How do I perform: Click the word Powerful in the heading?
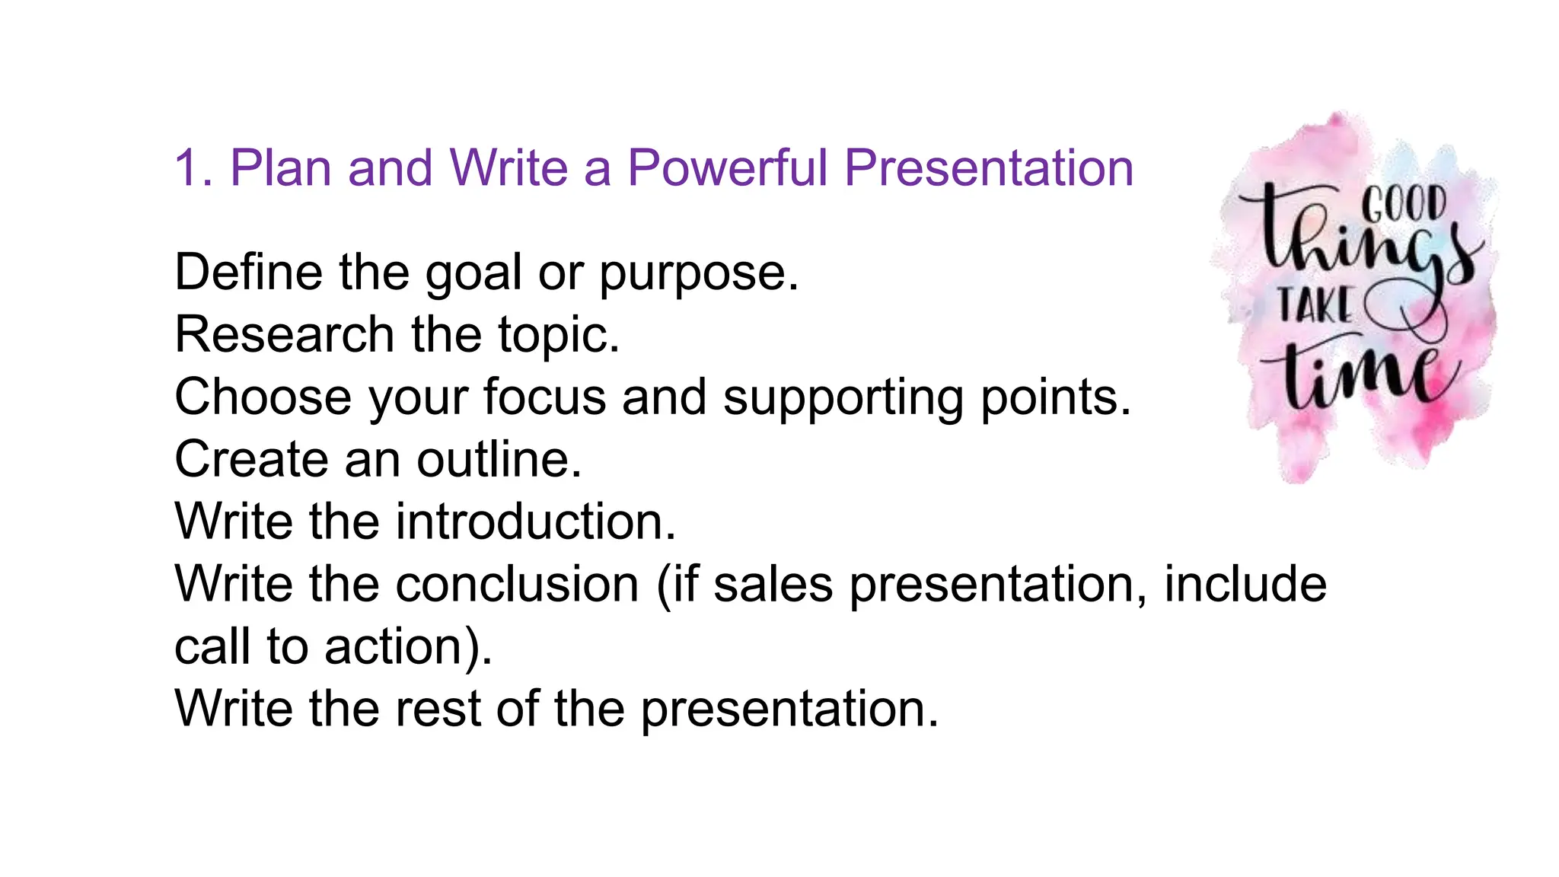727,168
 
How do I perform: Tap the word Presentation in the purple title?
989,168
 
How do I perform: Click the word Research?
284,334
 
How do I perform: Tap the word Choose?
263,397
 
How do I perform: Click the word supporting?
843,398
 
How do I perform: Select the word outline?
499,459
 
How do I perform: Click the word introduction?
536,521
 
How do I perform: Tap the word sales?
773,584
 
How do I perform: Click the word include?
1245,584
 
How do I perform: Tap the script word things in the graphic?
1363,244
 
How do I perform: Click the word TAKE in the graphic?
1315,305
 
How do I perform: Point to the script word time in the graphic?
1363,373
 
